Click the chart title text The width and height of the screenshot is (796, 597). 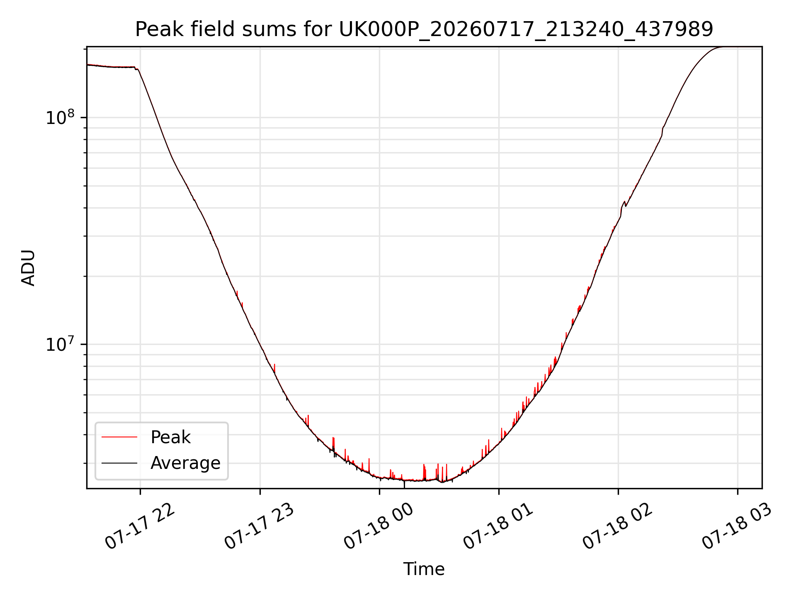(424, 29)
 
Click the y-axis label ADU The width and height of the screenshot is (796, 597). (28, 268)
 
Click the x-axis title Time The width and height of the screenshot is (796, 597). (424, 569)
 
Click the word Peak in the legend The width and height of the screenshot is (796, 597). (170, 437)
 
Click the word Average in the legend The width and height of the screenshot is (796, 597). (185, 463)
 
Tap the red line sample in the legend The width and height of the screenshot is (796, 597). (119, 437)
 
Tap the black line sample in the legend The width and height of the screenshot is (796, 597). (119, 463)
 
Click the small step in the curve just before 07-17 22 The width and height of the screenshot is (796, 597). (136, 68)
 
